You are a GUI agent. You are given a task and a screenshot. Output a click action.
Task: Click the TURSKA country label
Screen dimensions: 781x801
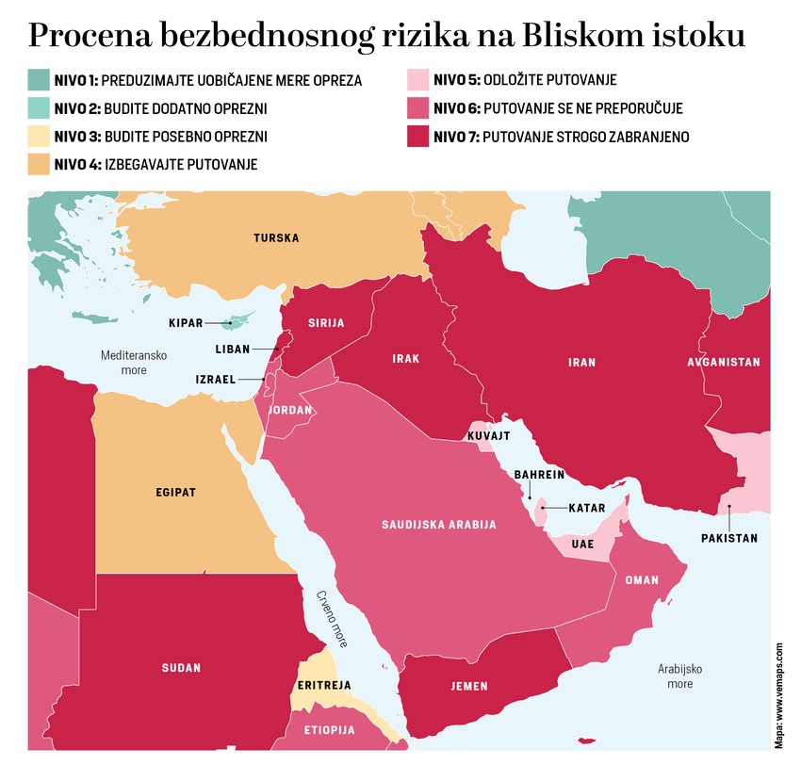click(x=276, y=238)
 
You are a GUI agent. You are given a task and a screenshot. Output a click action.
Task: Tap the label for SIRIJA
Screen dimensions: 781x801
click(x=326, y=322)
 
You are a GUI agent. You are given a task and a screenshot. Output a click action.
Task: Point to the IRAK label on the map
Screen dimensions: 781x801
click(x=406, y=358)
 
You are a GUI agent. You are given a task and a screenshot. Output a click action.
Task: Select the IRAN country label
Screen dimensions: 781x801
click(x=582, y=362)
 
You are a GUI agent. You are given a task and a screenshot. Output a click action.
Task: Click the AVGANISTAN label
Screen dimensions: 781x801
click(x=724, y=362)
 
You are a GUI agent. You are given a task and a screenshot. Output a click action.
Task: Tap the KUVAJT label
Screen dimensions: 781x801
click(x=488, y=436)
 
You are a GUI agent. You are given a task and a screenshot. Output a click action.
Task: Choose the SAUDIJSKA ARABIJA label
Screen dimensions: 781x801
click(x=438, y=524)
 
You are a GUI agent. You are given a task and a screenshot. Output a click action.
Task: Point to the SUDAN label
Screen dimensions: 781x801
click(x=181, y=668)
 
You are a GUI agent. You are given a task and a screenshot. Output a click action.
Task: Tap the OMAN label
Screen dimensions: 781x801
click(x=642, y=580)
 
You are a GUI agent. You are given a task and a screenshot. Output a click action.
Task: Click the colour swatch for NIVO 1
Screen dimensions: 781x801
click(x=39, y=79)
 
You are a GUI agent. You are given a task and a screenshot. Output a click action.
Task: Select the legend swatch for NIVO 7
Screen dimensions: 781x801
click(x=417, y=137)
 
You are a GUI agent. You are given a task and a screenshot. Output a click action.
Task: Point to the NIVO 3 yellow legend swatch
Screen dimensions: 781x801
click(x=39, y=137)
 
